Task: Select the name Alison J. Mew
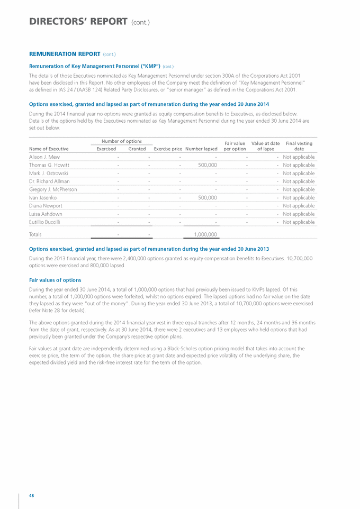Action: pyautogui.click(x=44, y=157)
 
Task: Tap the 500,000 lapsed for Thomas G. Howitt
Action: pyautogui.click(x=205, y=165)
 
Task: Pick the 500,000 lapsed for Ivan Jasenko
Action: pyautogui.click(x=205, y=197)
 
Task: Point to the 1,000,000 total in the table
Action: pyautogui.click(x=202, y=234)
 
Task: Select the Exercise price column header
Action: pyautogui.click(x=168, y=149)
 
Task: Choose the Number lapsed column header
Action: pyautogui.click(x=201, y=149)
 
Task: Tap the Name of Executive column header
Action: pyautogui.click(x=49, y=149)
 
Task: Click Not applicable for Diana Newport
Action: pyautogui.click(x=299, y=205)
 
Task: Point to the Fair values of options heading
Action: pyautogui.click(x=55, y=279)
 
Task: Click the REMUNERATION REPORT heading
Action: pyautogui.click(x=64, y=54)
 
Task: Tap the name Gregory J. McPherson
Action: pyautogui.click(x=52, y=189)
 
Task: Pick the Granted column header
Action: pyautogui.click(x=137, y=149)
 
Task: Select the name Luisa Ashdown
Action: pyautogui.click(x=45, y=214)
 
